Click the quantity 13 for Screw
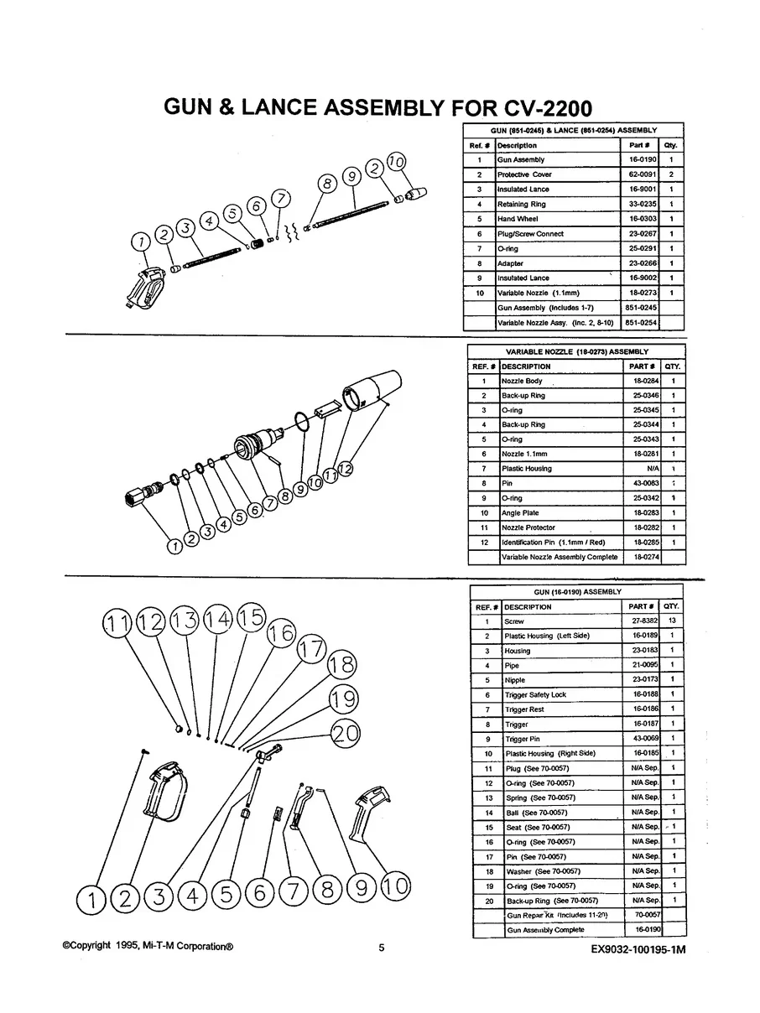click(672, 621)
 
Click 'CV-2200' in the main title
click(549, 108)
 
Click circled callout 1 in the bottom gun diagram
click(91, 900)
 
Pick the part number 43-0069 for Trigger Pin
click(645, 739)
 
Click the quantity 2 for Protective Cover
click(671, 174)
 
